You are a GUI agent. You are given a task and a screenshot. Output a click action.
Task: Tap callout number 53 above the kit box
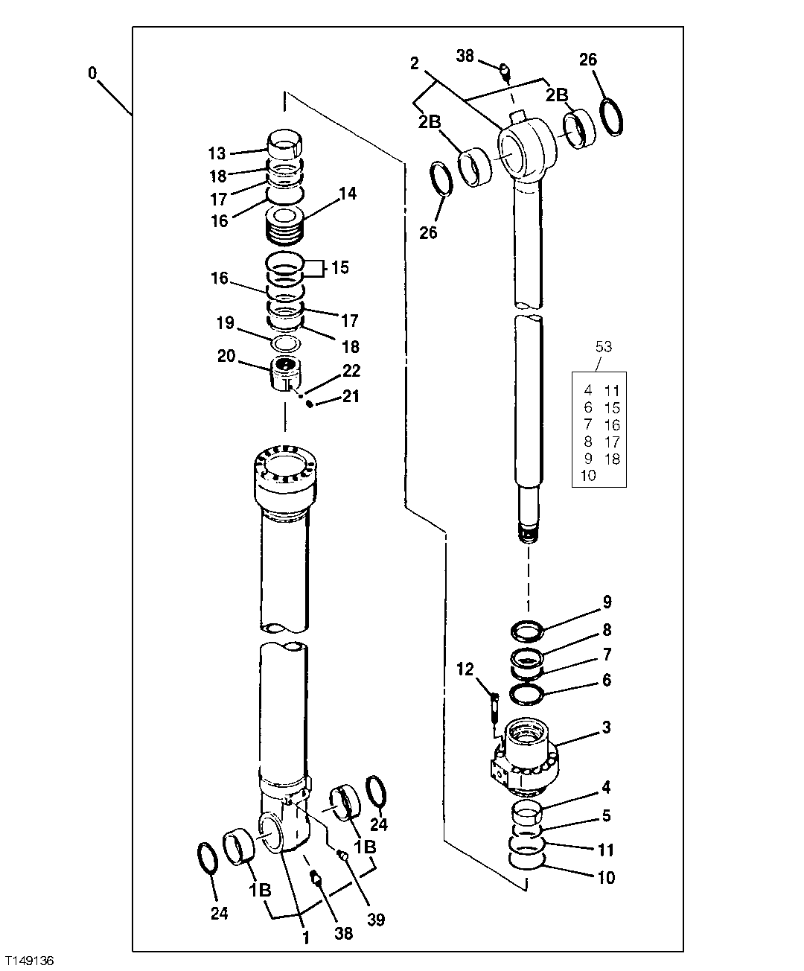[x=604, y=347]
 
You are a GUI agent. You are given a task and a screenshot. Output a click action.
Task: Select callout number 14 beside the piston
[x=347, y=194]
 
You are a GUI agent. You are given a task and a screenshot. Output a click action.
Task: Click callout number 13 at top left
[x=217, y=154]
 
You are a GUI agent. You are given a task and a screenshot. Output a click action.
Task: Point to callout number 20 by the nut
[x=226, y=357]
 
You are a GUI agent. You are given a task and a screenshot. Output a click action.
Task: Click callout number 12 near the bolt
[x=465, y=670]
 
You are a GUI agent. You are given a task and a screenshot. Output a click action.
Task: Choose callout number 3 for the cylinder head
[x=607, y=728]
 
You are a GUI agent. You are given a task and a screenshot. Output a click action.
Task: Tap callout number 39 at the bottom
[x=377, y=920]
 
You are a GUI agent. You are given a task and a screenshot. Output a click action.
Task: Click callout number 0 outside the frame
[x=92, y=73]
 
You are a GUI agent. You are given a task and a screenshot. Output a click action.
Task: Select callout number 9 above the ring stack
[x=607, y=602]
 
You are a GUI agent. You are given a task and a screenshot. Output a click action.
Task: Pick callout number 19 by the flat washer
[x=226, y=323]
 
